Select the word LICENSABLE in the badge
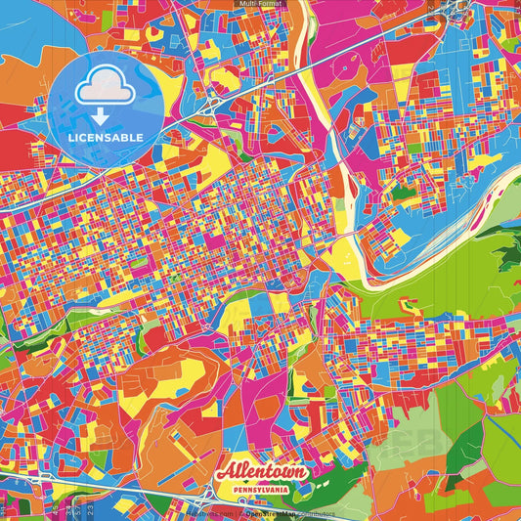[x=105, y=136]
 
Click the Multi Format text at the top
[x=260, y=5]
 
